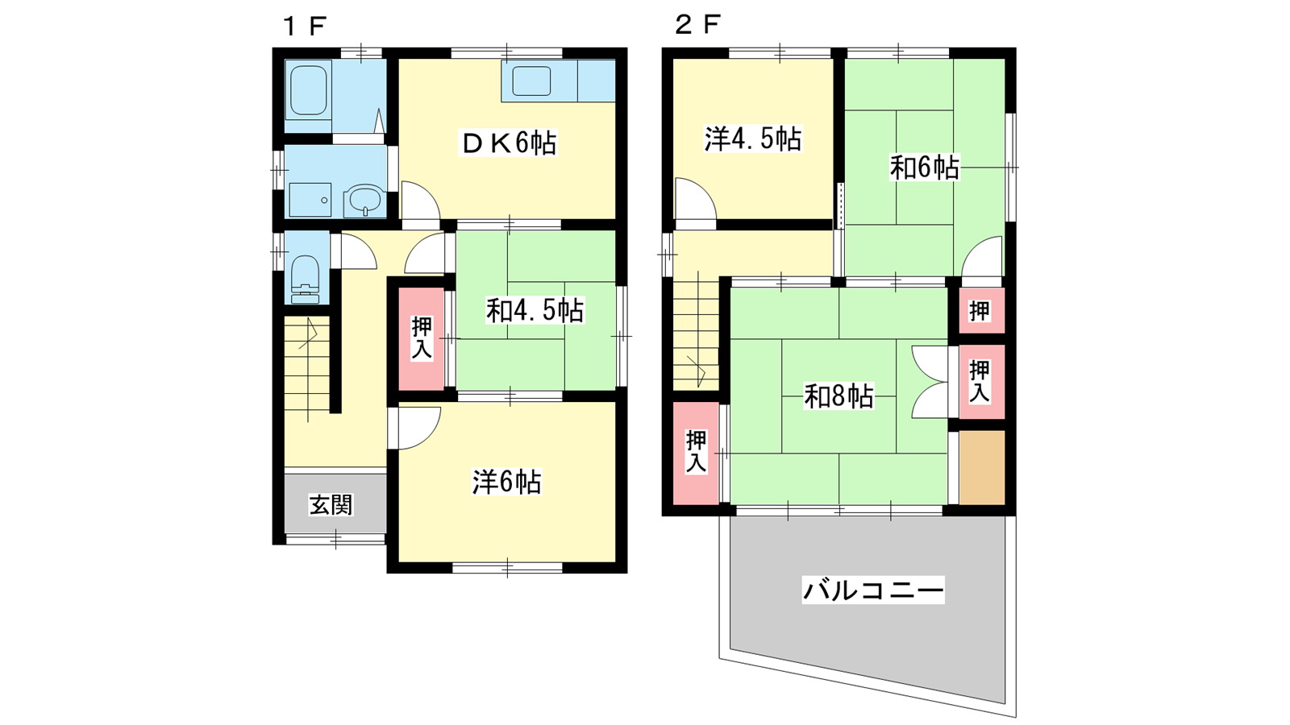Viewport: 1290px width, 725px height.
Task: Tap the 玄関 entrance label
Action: click(x=331, y=505)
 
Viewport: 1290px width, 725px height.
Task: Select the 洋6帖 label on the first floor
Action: click(x=506, y=482)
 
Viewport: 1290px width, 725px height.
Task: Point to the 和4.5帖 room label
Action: click(x=535, y=311)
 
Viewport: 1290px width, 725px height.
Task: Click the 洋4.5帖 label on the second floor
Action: click(x=753, y=139)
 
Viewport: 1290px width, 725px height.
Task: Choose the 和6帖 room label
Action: click(x=924, y=168)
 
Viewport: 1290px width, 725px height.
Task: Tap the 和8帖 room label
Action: click(x=838, y=396)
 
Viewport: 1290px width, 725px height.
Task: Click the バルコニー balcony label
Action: click(x=873, y=590)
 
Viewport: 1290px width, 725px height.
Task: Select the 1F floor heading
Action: click(x=305, y=26)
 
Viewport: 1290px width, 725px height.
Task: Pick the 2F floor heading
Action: click(x=697, y=25)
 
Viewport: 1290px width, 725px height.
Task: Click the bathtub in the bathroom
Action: click(x=309, y=89)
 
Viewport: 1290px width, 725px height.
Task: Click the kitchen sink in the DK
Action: click(x=531, y=81)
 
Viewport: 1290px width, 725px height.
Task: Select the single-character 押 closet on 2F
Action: click(x=980, y=311)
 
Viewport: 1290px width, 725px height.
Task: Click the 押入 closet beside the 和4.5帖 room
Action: click(x=422, y=338)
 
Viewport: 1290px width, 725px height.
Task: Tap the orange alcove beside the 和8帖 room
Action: click(x=982, y=467)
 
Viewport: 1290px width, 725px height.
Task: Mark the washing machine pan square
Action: click(x=310, y=200)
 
